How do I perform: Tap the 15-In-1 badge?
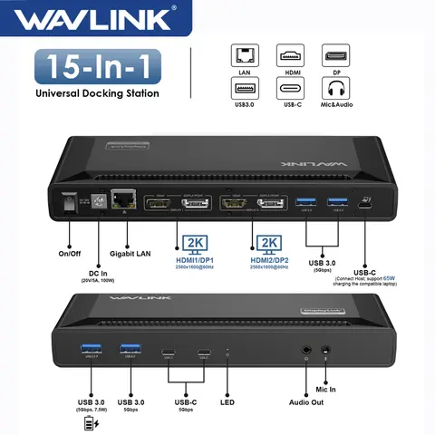click(x=98, y=67)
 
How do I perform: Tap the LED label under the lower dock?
click(x=227, y=401)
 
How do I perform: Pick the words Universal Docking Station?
click(x=98, y=93)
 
